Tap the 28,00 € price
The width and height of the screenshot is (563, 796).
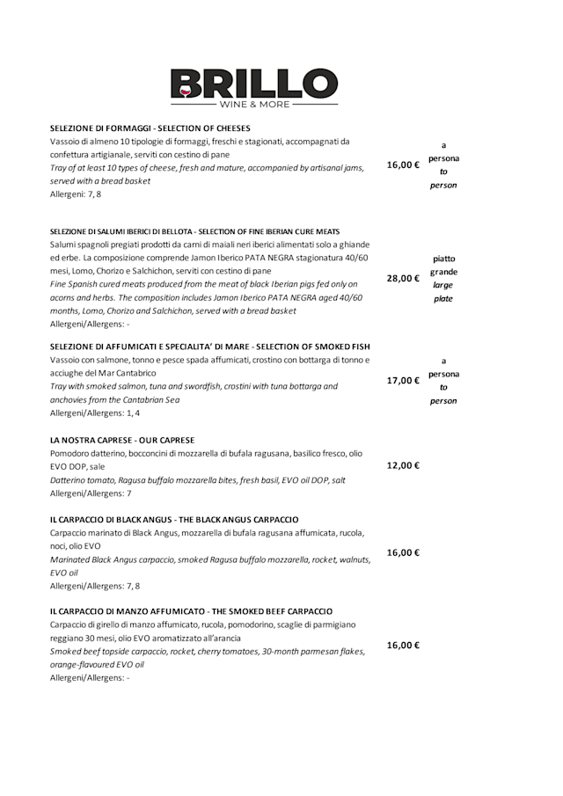pyautogui.click(x=403, y=279)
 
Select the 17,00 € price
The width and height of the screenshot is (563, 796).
pyautogui.click(x=403, y=381)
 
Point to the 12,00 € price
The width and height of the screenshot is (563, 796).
pyautogui.click(x=403, y=466)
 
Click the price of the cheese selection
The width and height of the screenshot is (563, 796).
pyautogui.click(x=403, y=165)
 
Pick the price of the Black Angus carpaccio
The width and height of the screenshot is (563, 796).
pyautogui.click(x=403, y=553)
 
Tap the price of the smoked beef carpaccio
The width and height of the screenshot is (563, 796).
pyautogui.click(x=403, y=646)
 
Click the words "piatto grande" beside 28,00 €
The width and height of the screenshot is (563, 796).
pyautogui.click(x=443, y=266)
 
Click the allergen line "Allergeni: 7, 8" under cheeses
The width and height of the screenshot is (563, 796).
pyautogui.click(x=76, y=194)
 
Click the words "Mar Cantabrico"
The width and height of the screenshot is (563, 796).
pyautogui.click(x=125, y=373)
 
